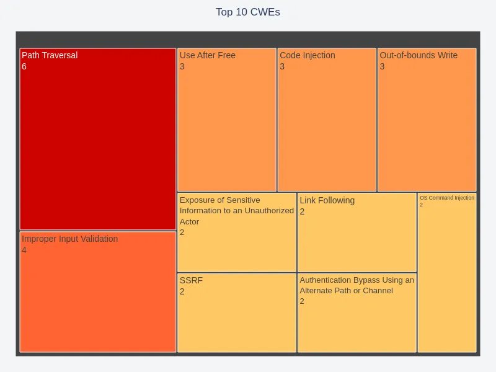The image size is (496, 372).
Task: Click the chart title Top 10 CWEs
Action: pyautogui.click(x=248, y=12)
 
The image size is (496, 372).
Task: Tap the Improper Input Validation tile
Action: pyautogui.click(x=98, y=298)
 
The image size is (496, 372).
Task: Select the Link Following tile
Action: pyautogui.click(x=357, y=239)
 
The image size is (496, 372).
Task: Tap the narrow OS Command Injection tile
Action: pyautogui.click(x=447, y=279)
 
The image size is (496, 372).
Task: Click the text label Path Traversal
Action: pyautogui.click(x=50, y=55)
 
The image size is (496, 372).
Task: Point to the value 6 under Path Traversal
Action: pyautogui.click(x=24, y=66)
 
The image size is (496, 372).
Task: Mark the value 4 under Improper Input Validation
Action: pyautogui.click(x=24, y=250)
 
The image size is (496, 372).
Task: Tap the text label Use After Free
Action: pyautogui.click(x=208, y=55)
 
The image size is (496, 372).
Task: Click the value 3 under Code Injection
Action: pyautogui.click(x=282, y=66)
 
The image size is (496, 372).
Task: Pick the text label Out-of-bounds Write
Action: pyautogui.click(x=418, y=55)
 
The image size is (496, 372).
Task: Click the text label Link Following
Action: pyautogui.click(x=327, y=200)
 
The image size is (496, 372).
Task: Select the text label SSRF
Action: pyautogui.click(x=191, y=280)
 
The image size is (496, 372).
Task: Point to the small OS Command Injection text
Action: pyautogui.click(x=447, y=198)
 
